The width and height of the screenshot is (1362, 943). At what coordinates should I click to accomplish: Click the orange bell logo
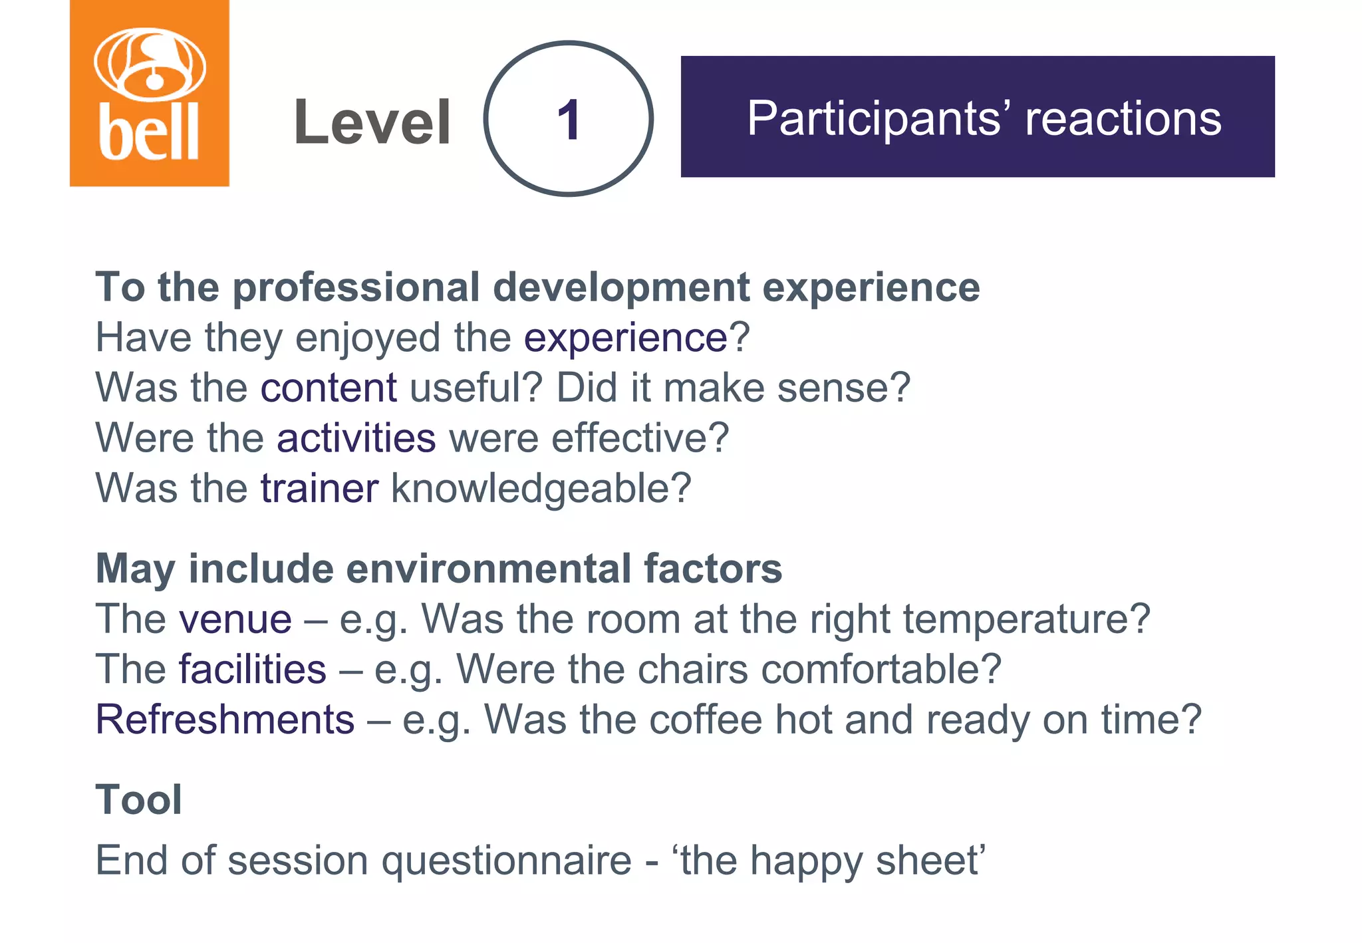pos(150,93)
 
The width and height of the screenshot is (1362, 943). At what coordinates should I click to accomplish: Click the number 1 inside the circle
pos(569,120)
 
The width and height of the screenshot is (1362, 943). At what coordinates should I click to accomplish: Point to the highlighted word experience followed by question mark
pos(626,338)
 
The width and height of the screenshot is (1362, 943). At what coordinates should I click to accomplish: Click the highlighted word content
pos(329,388)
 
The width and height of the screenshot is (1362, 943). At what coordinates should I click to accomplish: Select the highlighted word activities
pos(356,438)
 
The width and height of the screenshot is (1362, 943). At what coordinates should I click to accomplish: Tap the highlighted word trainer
pos(319,488)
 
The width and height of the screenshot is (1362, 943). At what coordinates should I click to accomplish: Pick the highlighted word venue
pos(235,620)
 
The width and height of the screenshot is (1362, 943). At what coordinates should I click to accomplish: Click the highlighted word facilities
pos(253,670)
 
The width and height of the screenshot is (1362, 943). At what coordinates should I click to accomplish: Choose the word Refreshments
pos(225,720)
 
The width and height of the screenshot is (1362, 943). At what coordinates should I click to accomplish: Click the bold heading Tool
pos(139,800)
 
